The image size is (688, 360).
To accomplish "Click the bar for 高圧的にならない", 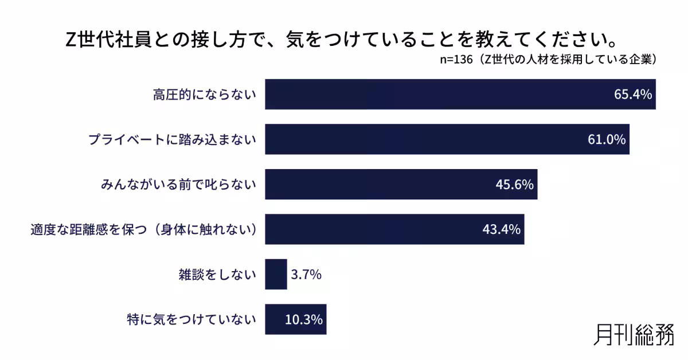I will coord(436,95).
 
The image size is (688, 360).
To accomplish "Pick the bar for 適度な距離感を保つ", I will coord(373,229).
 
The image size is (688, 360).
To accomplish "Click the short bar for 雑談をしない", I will coord(276,275).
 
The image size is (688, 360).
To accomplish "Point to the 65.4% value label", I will coord(633,95).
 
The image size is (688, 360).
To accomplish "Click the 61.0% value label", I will coord(607,139).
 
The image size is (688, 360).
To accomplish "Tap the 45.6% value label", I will coord(515,185).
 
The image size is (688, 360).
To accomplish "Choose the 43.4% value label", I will coord(502,229).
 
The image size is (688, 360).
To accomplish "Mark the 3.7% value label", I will coord(306,275).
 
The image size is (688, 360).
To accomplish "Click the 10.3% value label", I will coord(304,319).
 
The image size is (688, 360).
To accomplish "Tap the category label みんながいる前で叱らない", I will coord(178,185).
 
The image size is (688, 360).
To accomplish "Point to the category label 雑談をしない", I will coord(217,275).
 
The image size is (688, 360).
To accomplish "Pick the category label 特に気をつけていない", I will coord(191,319).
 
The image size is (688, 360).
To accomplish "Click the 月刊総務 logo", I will coord(634,334).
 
